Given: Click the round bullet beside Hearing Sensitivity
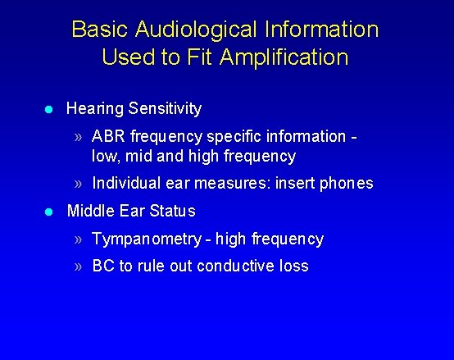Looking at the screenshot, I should point(49,109).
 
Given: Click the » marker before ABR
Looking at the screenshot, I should point(79,136).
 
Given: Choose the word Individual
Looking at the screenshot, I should point(126,183).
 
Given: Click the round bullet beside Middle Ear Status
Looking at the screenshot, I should point(49,212).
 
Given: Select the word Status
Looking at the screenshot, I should point(173,211).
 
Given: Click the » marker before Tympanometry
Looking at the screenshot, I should point(79,239).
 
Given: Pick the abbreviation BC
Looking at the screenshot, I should point(103,267).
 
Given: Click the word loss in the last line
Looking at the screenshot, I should point(293,267).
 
